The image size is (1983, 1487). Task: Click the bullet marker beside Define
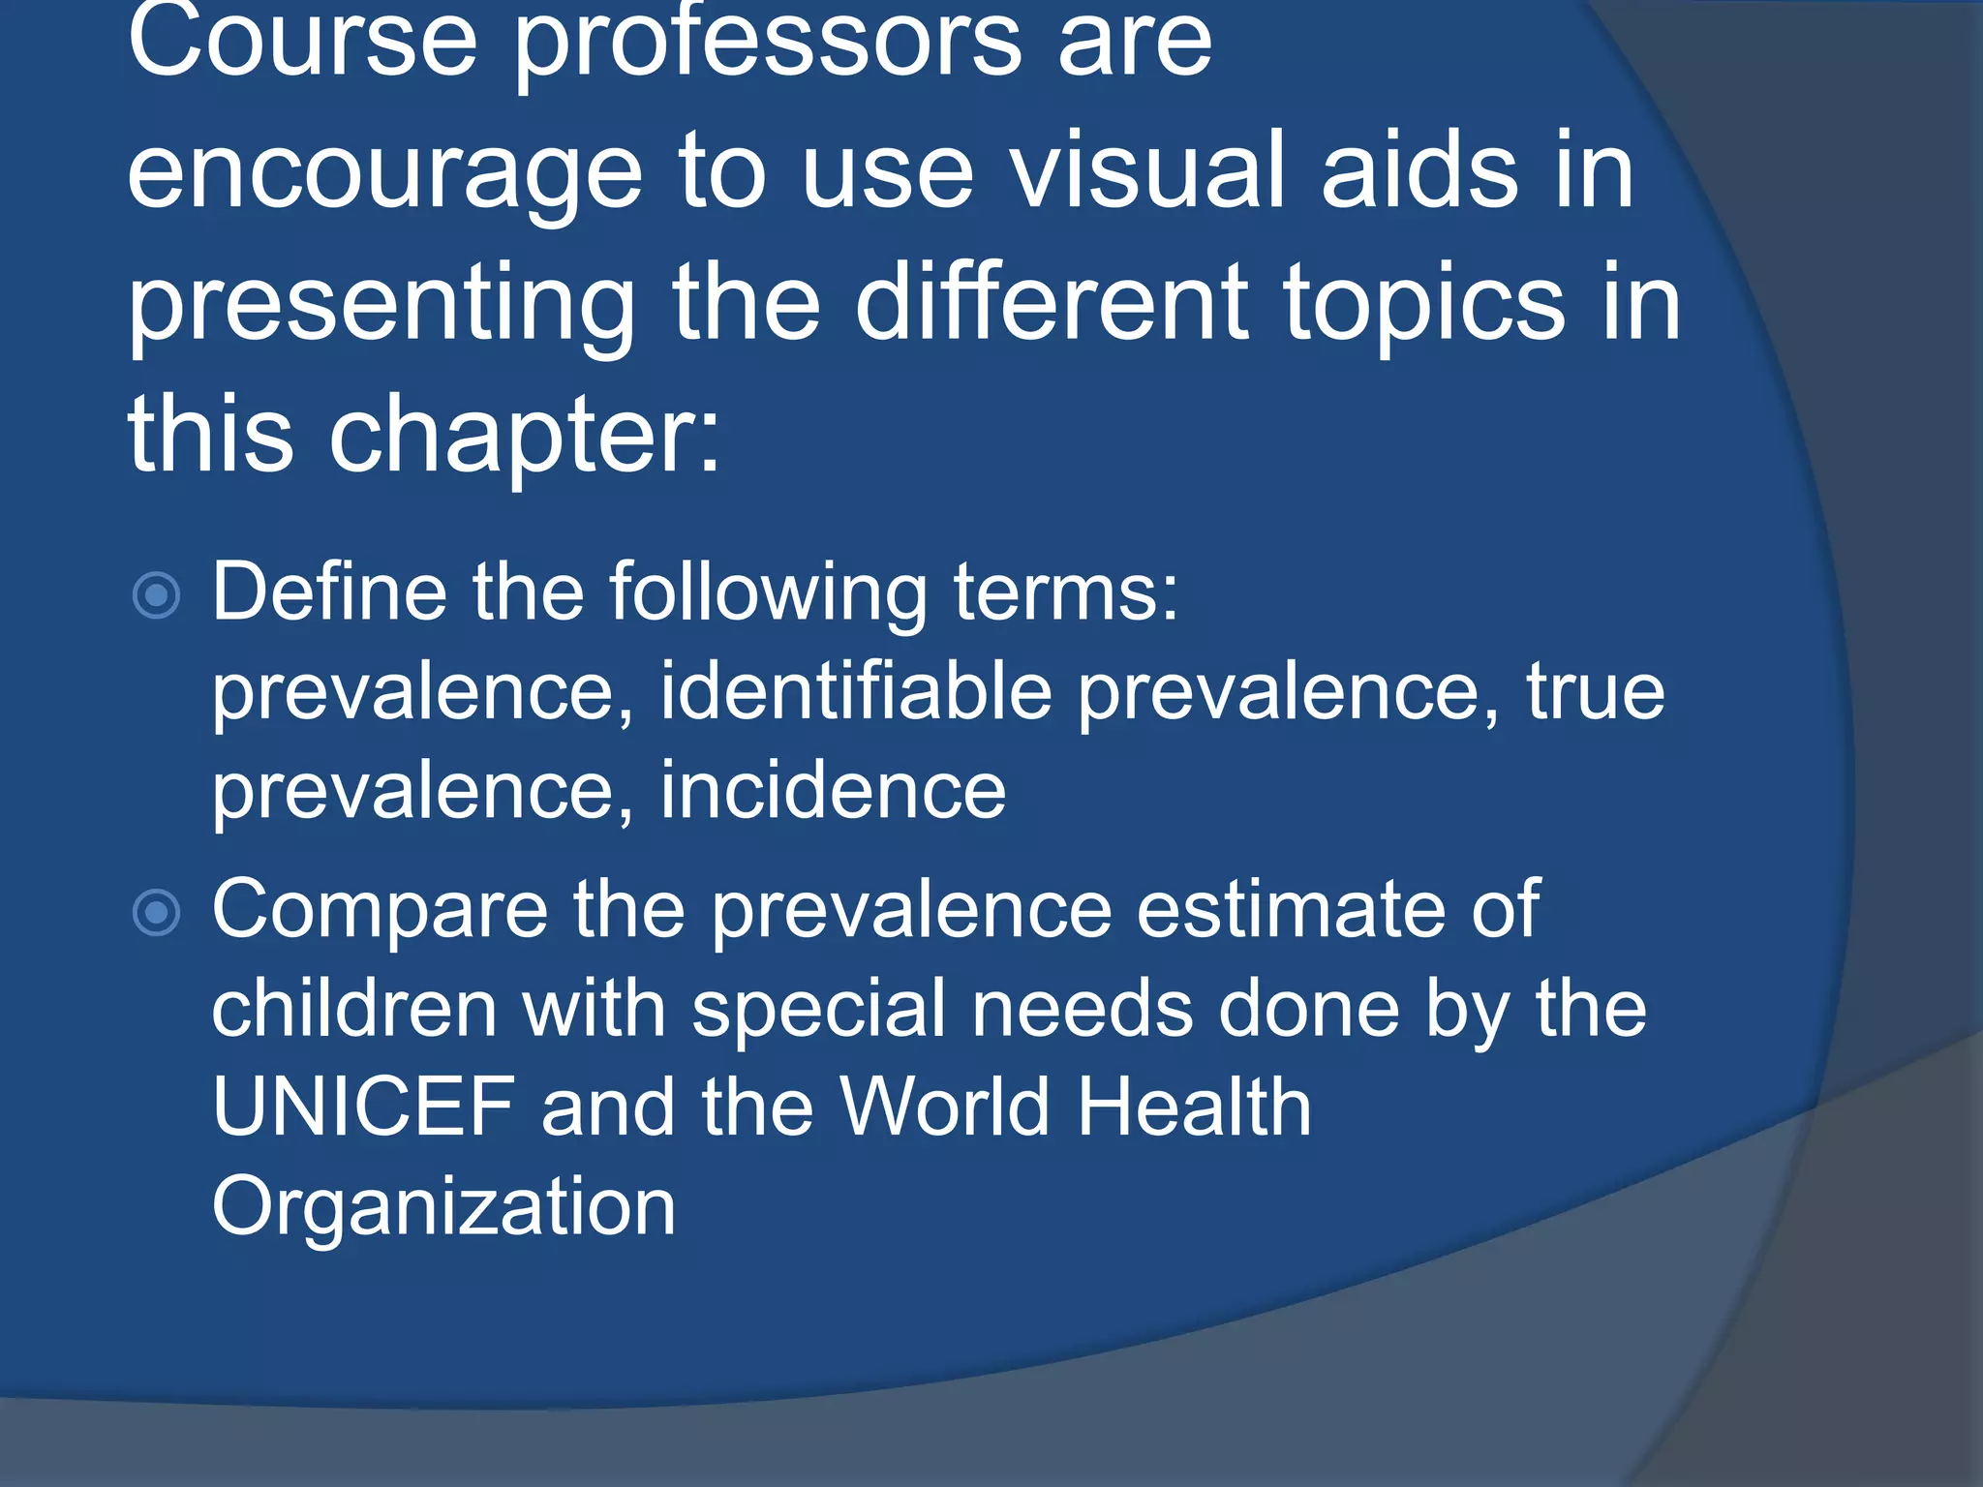[156, 595]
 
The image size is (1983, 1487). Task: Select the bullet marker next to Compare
[156, 912]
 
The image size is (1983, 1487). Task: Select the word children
[353, 1009]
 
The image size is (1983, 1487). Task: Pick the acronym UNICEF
[363, 1107]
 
